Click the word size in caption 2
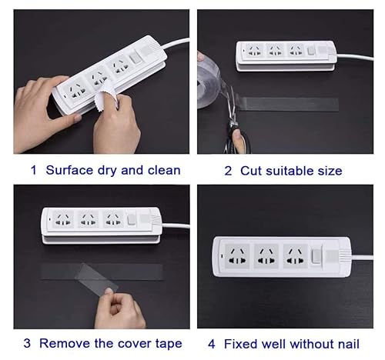click(326, 170)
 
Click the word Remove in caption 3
click(65, 343)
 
